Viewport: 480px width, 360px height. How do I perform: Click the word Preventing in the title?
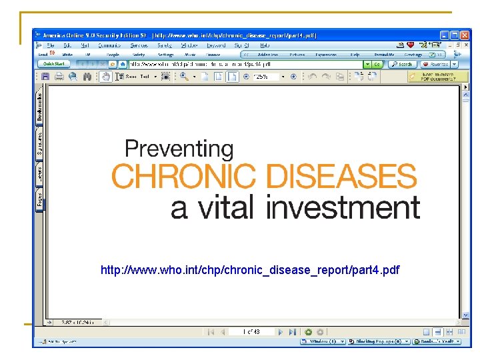pyautogui.click(x=179, y=149)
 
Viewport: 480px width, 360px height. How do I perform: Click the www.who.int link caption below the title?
pyautogui.click(x=250, y=270)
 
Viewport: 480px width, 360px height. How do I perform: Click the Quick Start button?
pyautogui.click(x=55, y=64)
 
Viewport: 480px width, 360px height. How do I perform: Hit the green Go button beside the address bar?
pyautogui.click(x=377, y=65)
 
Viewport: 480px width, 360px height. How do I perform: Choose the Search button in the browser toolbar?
pyautogui.click(x=403, y=65)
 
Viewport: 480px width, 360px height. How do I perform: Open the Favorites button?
pyautogui.click(x=436, y=65)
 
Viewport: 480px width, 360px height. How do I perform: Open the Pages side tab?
pyautogui.click(x=41, y=199)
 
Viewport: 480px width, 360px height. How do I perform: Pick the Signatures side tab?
pyautogui.click(x=41, y=144)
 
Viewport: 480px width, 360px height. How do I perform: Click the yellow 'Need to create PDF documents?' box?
pyautogui.click(x=438, y=77)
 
